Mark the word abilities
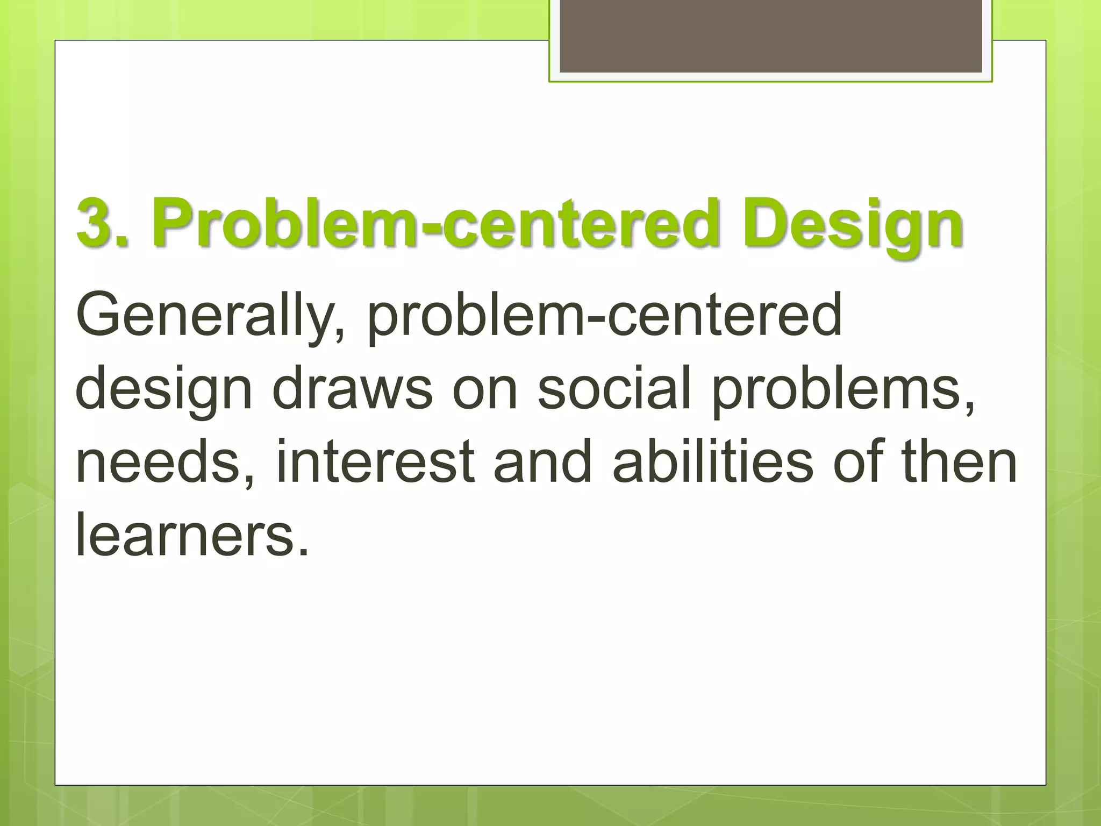click(713, 461)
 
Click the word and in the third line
click(543, 461)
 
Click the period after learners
click(304, 551)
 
